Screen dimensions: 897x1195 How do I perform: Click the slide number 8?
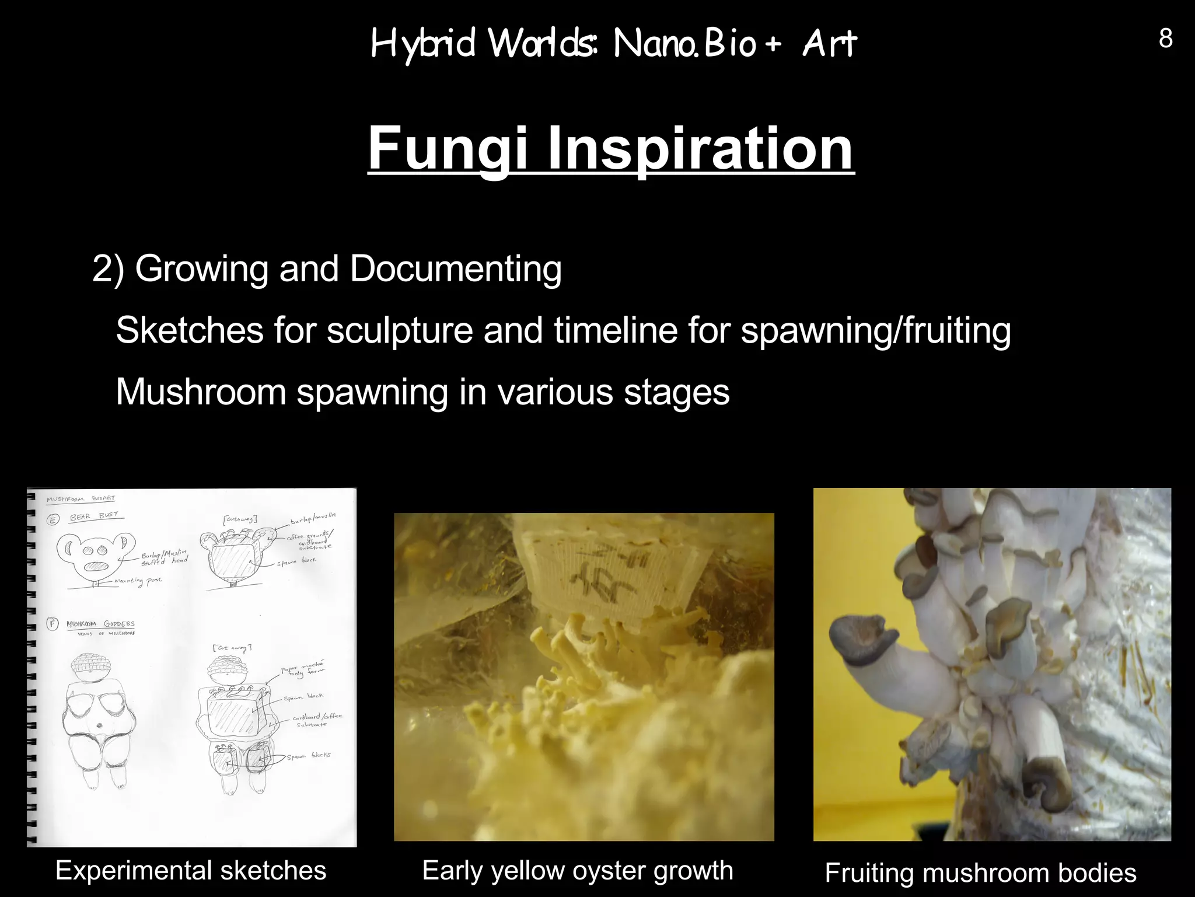[1165, 39]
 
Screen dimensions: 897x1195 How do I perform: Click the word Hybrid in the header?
[424, 44]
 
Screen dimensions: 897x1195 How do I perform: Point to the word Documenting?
[455, 269]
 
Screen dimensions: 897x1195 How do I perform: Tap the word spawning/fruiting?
[875, 330]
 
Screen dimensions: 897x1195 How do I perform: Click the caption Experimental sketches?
[191, 870]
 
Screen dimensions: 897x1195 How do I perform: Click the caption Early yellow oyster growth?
[578, 870]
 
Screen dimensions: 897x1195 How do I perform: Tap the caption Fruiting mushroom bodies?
[980, 873]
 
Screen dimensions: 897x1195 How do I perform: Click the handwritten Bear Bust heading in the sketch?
[93, 516]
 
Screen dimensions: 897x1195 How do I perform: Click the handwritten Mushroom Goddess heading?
[100, 624]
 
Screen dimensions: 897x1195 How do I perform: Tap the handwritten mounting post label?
[138, 581]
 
